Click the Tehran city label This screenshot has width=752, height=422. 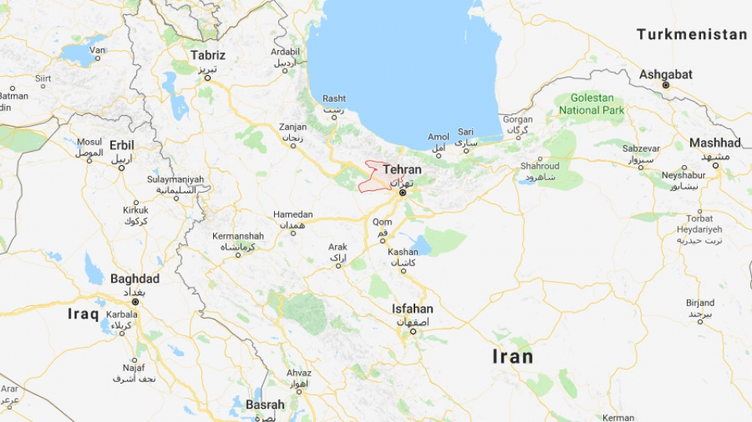[x=402, y=170]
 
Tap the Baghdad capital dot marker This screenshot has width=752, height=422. [x=135, y=301]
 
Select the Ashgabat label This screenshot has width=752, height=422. [x=666, y=74]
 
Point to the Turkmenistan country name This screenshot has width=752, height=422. [x=692, y=34]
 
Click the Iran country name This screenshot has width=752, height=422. [x=512, y=357]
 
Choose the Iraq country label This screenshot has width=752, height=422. [x=83, y=314]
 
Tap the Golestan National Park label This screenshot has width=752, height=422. [x=592, y=104]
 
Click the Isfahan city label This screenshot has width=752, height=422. [x=413, y=308]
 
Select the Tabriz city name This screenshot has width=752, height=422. [x=208, y=56]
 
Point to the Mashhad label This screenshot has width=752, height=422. [x=714, y=142]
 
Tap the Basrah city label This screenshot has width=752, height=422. [x=265, y=405]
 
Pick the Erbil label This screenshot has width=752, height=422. [x=121, y=145]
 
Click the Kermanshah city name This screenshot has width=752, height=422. [x=238, y=236]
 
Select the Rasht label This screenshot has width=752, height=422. [x=334, y=99]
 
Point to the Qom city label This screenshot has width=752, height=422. [x=382, y=222]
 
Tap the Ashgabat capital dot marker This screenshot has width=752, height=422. [x=665, y=85]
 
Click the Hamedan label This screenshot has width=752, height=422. [x=293, y=215]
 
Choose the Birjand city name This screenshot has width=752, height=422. [x=700, y=303]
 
